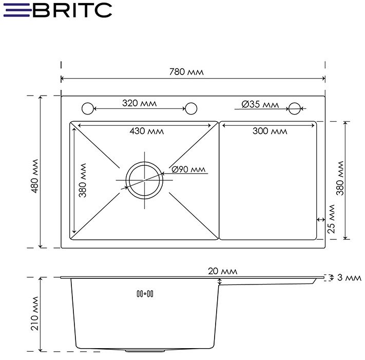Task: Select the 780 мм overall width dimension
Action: coord(186,72)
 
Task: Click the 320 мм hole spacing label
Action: coord(139,103)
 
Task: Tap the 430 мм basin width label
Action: coord(146,131)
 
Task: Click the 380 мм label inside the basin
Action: coord(83,180)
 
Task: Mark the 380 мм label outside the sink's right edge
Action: coord(339,178)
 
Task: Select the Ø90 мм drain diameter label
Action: coord(188,169)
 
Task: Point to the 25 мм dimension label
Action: coord(332,220)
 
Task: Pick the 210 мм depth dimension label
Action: coord(35,314)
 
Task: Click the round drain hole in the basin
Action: coord(145,181)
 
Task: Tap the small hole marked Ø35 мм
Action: coord(295,108)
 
